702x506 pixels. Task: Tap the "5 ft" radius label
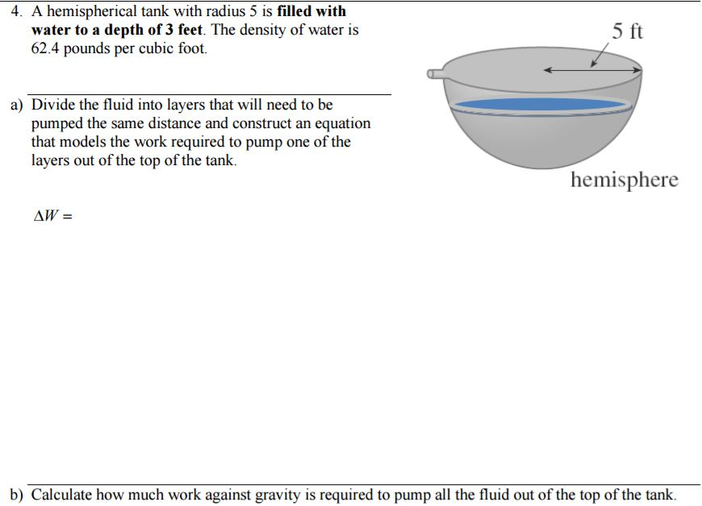tap(627, 31)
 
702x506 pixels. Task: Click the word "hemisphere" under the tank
tap(624, 180)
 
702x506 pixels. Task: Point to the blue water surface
tap(541, 105)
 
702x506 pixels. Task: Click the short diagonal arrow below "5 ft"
tap(599, 56)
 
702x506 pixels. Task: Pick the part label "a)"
tap(16, 105)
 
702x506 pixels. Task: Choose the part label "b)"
tap(16, 494)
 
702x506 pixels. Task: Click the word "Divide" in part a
tap(53, 105)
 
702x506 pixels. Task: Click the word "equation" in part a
tap(341, 123)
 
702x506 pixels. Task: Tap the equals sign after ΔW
tap(68, 217)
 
